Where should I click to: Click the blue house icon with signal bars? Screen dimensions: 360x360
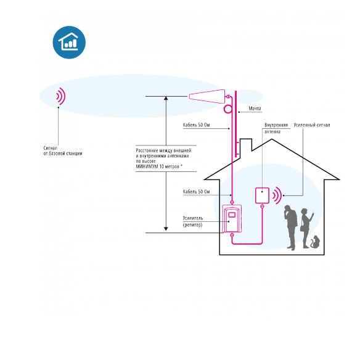[x=69, y=43]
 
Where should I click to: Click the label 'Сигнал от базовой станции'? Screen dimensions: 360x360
[x=63, y=151]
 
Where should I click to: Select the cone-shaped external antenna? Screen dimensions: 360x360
[x=207, y=96]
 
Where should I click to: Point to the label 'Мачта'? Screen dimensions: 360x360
[x=255, y=108]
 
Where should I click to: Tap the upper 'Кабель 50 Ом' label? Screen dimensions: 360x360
[x=196, y=125]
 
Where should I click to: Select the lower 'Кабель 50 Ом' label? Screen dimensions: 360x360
[x=196, y=192]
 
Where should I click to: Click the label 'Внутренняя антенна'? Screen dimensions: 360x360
[x=276, y=128]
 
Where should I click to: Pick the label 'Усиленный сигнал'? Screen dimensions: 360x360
[x=312, y=125]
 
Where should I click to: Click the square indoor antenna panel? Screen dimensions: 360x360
[x=262, y=195]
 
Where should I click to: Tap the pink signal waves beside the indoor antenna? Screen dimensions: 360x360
[x=277, y=195]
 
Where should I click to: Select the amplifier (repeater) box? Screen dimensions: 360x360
[x=232, y=219]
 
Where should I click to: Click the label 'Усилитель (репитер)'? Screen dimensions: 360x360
[x=193, y=221]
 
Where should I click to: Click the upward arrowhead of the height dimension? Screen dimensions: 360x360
[x=166, y=98]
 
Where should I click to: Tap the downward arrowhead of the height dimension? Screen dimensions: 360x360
[x=166, y=229]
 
